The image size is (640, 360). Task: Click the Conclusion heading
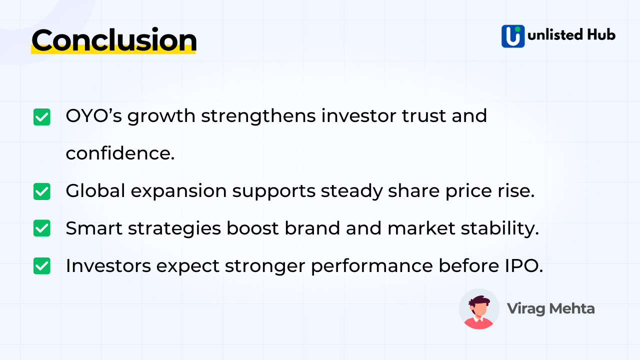(114, 40)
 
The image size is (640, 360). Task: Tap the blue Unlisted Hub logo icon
(513, 36)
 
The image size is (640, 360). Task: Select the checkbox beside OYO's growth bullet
(42, 117)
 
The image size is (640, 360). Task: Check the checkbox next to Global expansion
(42, 191)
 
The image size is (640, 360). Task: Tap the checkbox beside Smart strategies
(42, 228)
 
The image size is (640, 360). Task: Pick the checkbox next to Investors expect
(42, 265)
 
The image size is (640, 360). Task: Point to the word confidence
(120, 153)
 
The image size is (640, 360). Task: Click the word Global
(94, 191)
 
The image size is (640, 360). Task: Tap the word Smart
(93, 228)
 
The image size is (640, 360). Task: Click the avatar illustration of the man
(479, 309)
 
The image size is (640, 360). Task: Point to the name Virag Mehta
(550, 308)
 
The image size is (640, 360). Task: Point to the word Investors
(108, 265)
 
